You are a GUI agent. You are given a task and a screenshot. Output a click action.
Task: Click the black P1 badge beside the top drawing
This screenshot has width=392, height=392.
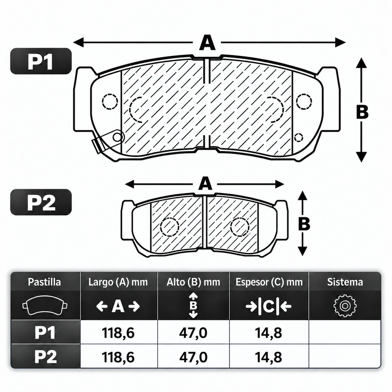coord(41,61)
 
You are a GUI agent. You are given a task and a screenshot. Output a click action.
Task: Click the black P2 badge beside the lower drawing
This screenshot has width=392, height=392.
coord(41,202)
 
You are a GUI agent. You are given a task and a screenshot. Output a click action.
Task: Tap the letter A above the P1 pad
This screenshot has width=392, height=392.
coord(207,43)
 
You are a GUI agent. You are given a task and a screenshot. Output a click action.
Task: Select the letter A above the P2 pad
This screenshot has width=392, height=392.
coord(205,184)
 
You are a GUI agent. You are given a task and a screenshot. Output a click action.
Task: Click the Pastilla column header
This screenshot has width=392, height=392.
coord(44,282)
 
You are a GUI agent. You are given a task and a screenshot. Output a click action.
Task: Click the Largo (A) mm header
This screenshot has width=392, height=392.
coord(118,282)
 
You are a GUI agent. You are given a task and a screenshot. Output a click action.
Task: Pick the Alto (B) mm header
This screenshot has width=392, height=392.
coord(193,282)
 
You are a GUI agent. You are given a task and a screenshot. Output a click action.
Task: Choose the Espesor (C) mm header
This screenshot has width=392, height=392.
coord(269,282)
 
